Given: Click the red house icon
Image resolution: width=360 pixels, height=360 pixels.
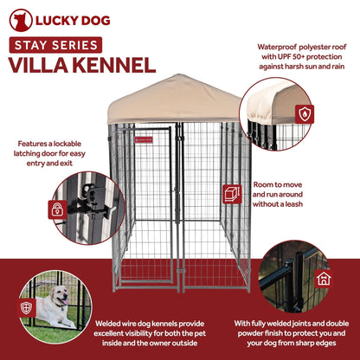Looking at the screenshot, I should (x=323, y=278).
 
